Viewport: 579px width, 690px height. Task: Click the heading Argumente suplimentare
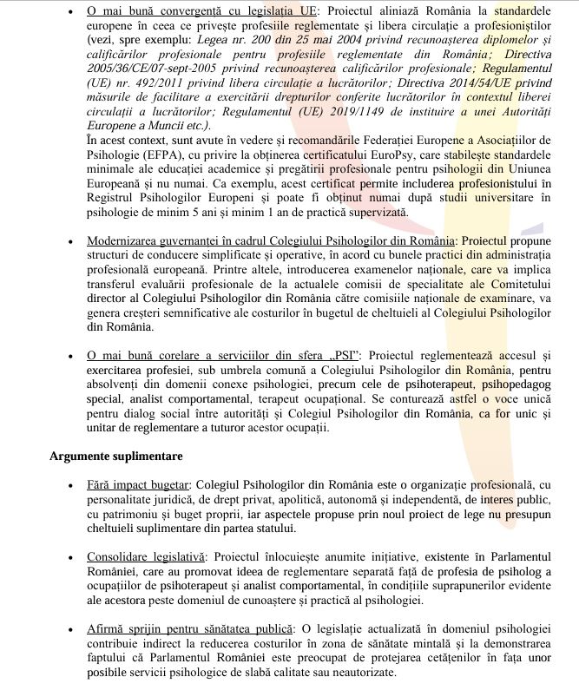[115, 456]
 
